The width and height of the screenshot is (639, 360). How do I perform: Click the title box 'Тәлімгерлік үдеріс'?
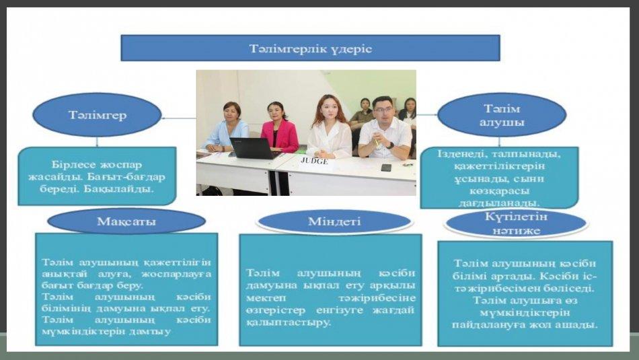pos(310,48)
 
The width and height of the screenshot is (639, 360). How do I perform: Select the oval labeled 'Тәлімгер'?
pos(97,115)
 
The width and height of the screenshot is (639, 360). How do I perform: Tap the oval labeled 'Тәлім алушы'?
pos(502,115)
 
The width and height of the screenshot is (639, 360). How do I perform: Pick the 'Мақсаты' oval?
pos(126,221)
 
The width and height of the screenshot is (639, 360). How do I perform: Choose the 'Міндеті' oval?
pos(334,221)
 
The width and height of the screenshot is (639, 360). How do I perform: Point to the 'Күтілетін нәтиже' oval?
pos(516,223)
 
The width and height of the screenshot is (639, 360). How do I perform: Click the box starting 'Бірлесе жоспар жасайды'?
pos(97,176)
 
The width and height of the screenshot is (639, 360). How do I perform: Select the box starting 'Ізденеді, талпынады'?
pos(499,178)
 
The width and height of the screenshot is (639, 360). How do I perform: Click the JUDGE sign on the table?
pos(314,161)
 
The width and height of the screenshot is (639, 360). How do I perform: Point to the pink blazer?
pos(280,136)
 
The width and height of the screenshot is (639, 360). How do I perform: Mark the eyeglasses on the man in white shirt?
pos(383,109)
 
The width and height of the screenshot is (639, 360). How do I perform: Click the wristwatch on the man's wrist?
pos(390,145)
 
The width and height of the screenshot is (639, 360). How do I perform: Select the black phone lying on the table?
pos(386,168)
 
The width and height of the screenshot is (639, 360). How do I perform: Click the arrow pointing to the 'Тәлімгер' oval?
pos(179,118)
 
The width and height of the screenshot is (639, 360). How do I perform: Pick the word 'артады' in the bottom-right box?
pos(515,276)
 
